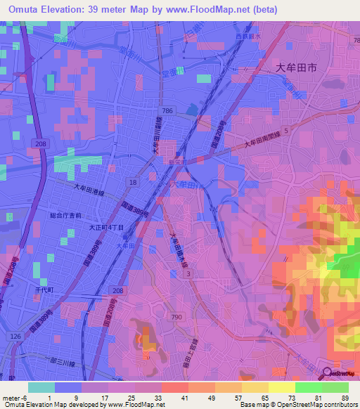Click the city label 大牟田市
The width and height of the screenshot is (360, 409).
click(297, 69)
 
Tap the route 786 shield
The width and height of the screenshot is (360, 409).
click(167, 112)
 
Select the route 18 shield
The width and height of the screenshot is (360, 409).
click(132, 182)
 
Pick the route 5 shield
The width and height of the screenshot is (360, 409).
click(286, 131)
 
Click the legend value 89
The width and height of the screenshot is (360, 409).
click(345, 397)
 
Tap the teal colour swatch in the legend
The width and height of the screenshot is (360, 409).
click(41, 387)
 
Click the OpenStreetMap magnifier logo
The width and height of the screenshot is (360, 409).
click(328, 374)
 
